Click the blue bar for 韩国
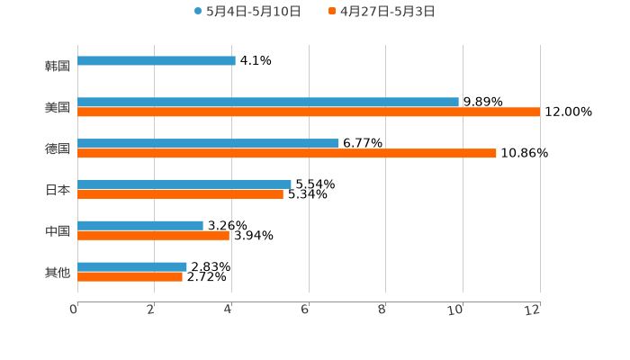coord(157,61)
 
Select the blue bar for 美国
coord(268,103)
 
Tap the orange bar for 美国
coord(309,112)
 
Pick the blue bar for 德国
coord(208,144)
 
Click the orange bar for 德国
coord(287,154)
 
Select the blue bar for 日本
coord(184,184)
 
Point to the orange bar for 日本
coord(180,194)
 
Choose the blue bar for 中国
coord(140,226)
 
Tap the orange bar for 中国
coord(153,236)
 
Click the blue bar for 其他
coord(132,267)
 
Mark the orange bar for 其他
coord(130,277)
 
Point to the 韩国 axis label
coord(58,66)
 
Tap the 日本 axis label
coord(58,190)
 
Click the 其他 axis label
coord(58,272)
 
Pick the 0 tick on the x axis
coord(74,310)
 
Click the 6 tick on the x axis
coord(305,310)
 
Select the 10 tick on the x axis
coord(456,310)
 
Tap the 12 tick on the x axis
coord(533,310)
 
